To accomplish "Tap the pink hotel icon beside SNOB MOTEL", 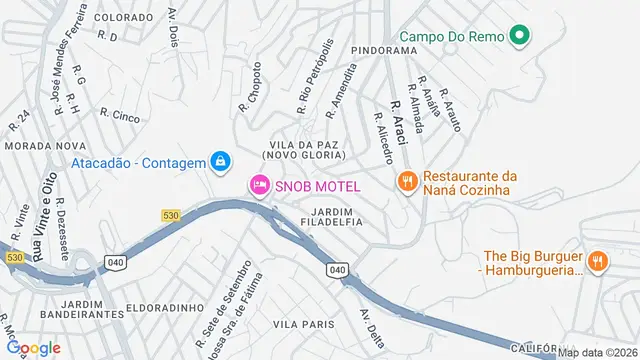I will pyautogui.click(x=259, y=184).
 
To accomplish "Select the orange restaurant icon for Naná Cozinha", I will pyautogui.click(x=406, y=181).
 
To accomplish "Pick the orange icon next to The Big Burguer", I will pyautogui.click(x=597, y=261).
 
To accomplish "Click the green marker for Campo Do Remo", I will pyautogui.click(x=518, y=38).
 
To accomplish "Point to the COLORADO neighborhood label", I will pyautogui.click(x=124, y=17).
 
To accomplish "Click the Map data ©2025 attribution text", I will pyautogui.click(x=597, y=352).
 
